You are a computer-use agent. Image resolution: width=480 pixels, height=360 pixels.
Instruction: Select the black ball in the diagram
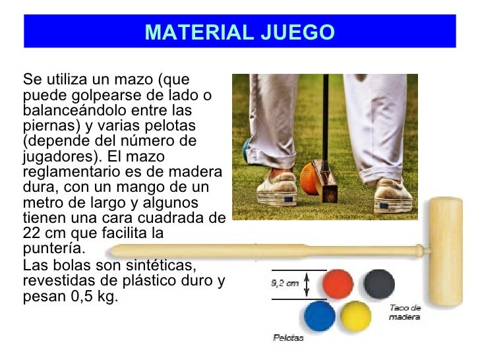pyautogui.click(x=379, y=282)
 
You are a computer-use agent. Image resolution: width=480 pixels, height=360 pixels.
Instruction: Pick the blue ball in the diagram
pyautogui.click(x=319, y=316)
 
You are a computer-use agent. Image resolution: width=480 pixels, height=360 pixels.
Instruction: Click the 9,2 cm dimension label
pyautogui.click(x=285, y=284)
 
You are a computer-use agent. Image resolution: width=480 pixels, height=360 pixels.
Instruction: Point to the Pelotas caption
pyautogui.click(x=288, y=338)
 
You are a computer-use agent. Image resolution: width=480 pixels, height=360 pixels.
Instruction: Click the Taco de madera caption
pyautogui.click(x=404, y=312)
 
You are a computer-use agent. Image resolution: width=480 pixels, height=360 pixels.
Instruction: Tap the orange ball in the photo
pyautogui.click(x=311, y=179)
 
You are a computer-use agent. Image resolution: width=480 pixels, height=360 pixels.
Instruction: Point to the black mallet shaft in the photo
pyautogui.click(x=325, y=119)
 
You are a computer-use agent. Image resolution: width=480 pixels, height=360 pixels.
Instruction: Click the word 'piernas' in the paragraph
pyautogui.click(x=45, y=126)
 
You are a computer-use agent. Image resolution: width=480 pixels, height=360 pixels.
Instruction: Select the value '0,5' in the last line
pyautogui.click(x=78, y=297)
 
